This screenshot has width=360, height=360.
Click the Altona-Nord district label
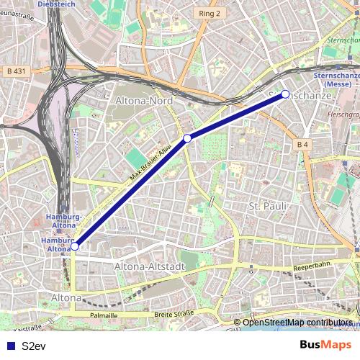(144, 102)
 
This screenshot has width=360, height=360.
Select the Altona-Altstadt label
(150, 266)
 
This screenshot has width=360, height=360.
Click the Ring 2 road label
(210, 13)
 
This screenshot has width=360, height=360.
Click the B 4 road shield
(302, 145)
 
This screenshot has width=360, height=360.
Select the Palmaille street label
(104, 315)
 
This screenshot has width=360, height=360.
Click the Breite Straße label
(174, 315)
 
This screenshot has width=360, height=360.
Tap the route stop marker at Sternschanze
(285, 94)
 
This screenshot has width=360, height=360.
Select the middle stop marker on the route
(187, 138)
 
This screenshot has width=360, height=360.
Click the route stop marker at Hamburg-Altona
(74, 246)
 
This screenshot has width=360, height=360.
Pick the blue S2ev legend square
(10, 346)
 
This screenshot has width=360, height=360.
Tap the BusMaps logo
(325, 345)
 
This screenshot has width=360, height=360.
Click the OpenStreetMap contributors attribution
(297, 323)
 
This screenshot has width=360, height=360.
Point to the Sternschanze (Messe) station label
(333, 79)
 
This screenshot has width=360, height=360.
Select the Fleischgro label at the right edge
(343, 114)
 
